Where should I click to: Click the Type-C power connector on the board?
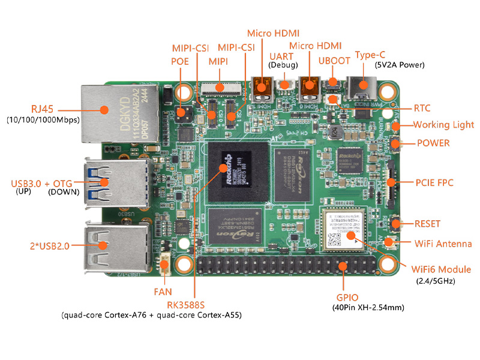tap(364, 88)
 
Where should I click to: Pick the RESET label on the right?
tap(427, 224)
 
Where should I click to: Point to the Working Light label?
tap(443, 125)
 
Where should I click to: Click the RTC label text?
tap(422, 109)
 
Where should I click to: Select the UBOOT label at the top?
tap(334, 61)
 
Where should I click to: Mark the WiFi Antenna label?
tap(443, 244)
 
